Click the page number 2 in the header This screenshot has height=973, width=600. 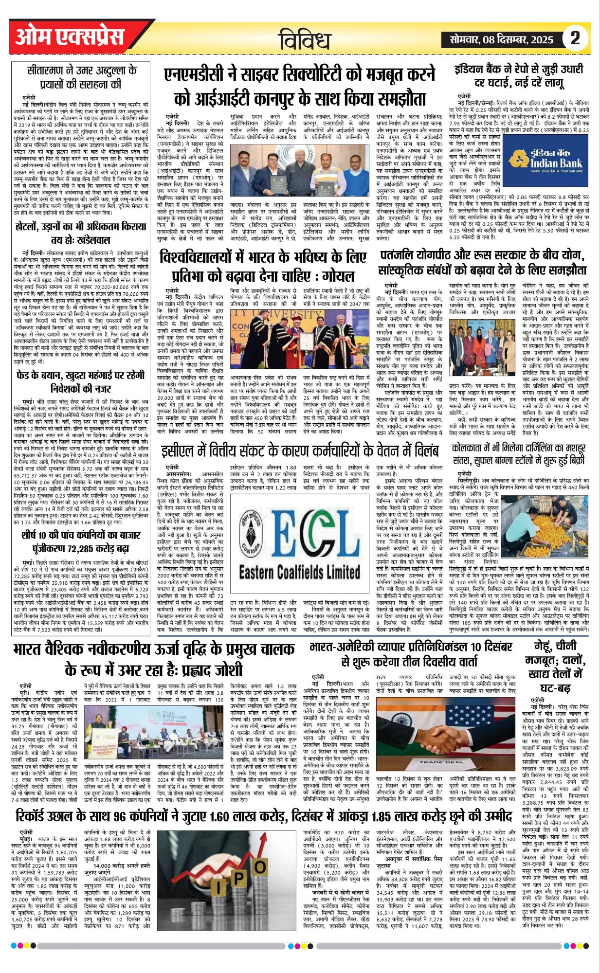pyautogui.click(x=575, y=38)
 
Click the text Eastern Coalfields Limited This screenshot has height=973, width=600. pyautogui.click(x=299, y=572)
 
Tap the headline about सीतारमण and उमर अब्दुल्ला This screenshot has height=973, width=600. pyautogui.click(x=81, y=77)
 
